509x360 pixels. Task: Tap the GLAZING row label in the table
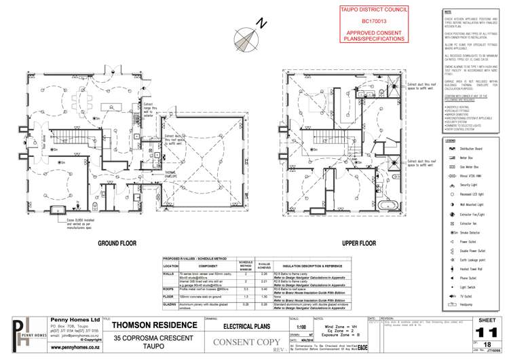point(170,306)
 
